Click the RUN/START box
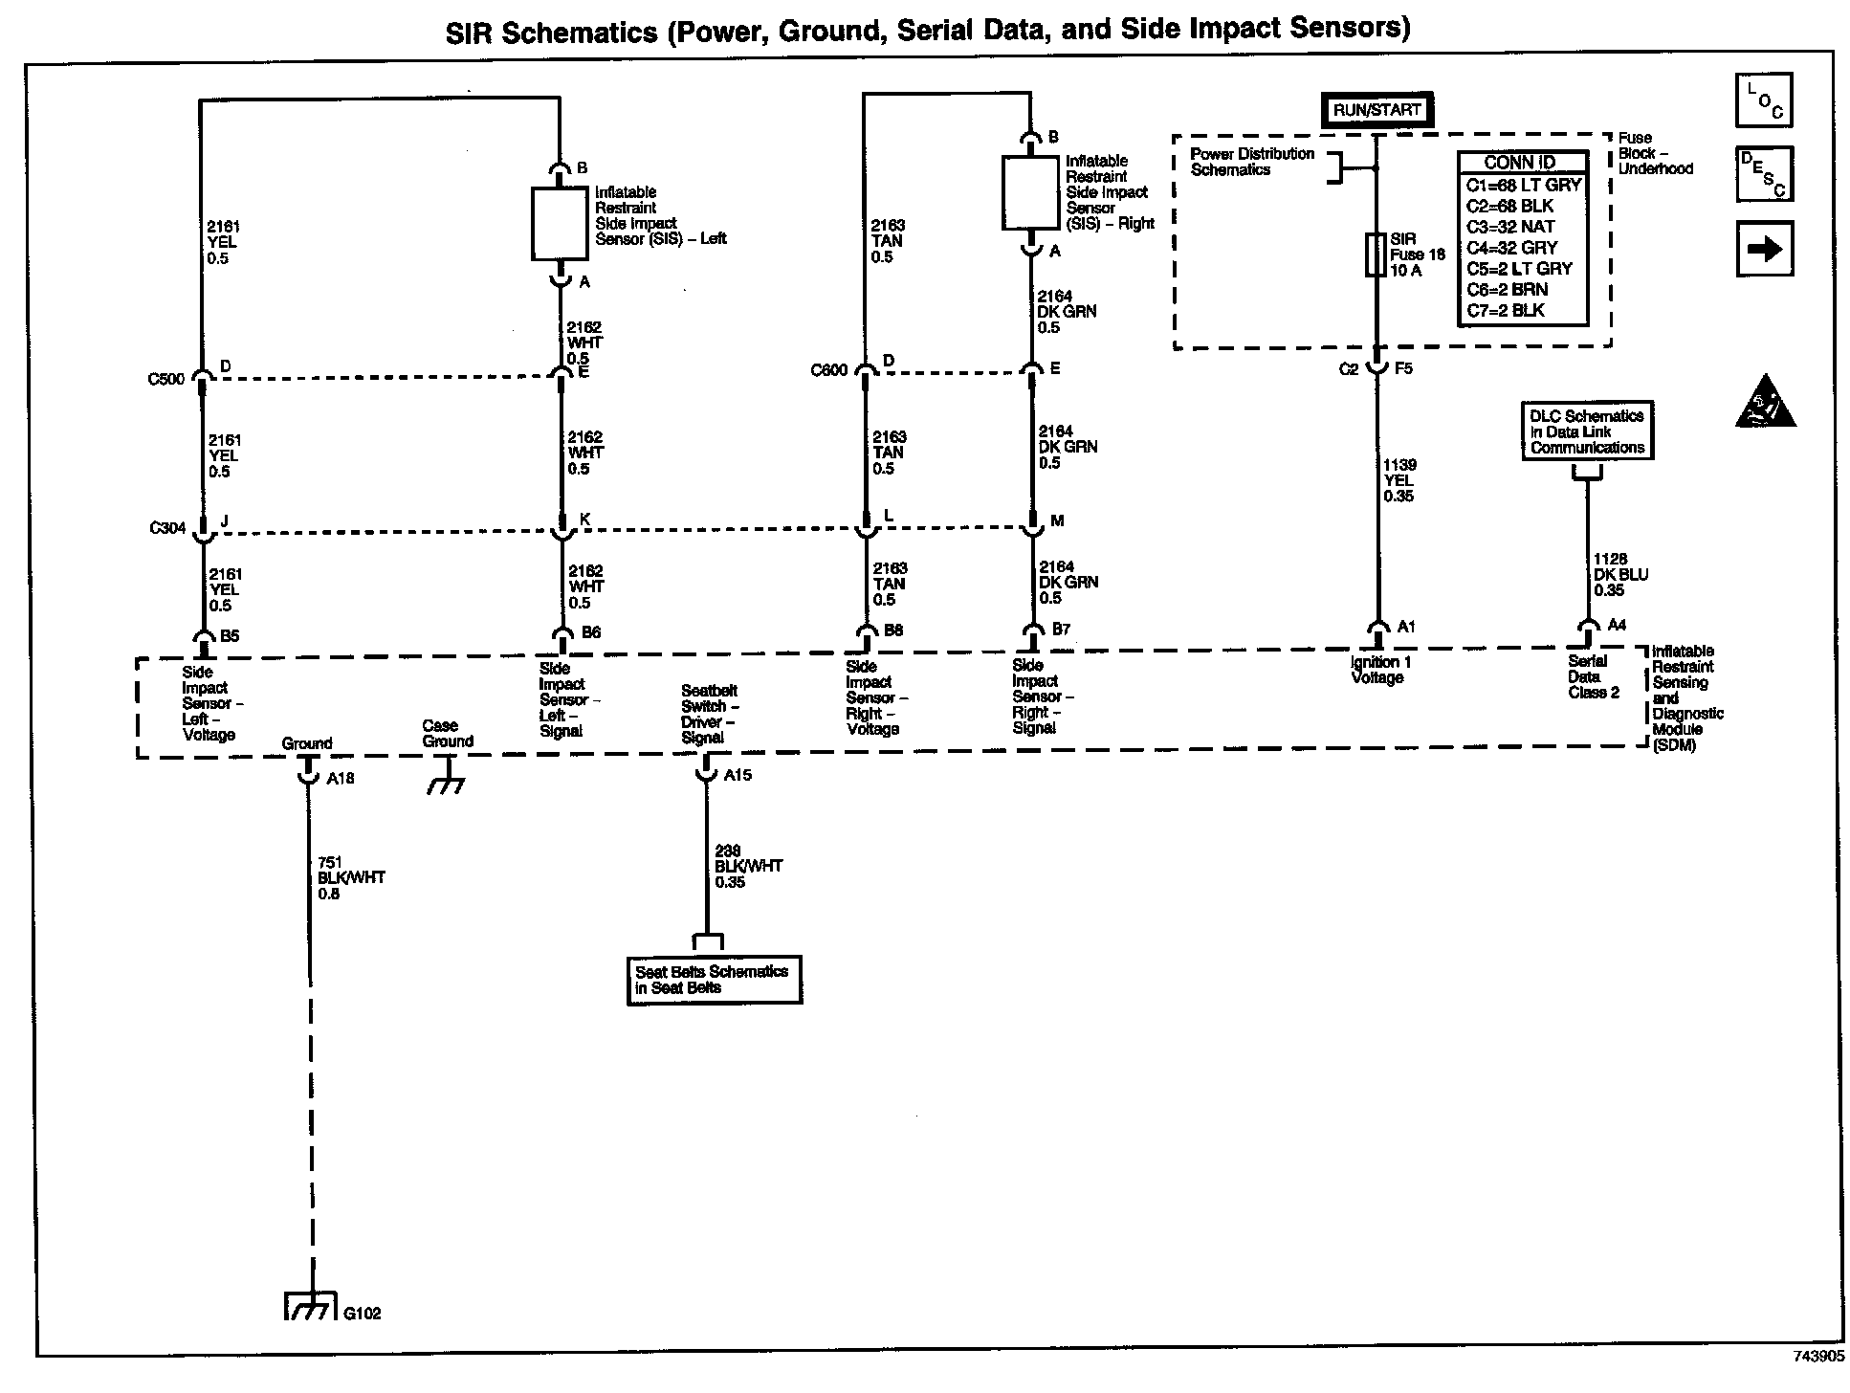(1376, 110)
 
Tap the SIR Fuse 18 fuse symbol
(1376, 254)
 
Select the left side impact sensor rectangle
(560, 224)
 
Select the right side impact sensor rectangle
(1030, 193)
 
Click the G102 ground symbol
(310, 1308)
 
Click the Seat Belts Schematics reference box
(714, 980)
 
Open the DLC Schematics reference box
(1587, 431)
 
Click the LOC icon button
(1764, 100)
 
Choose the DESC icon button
(1764, 173)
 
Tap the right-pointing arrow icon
(1764, 249)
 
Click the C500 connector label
(165, 379)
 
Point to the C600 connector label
(828, 370)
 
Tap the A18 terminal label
(341, 779)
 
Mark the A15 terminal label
(738, 776)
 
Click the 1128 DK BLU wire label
(1620, 574)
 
